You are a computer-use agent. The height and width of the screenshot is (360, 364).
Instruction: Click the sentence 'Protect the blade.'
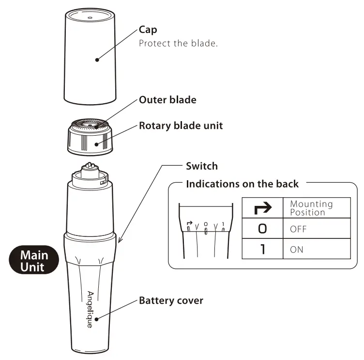coord(178,43)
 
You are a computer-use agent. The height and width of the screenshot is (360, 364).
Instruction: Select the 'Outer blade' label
coord(167,100)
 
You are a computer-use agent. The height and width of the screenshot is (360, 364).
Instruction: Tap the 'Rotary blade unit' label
coord(181,125)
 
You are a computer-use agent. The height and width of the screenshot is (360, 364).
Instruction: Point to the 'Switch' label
coord(202,166)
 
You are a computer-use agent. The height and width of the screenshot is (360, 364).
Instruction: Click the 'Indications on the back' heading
coord(243,184)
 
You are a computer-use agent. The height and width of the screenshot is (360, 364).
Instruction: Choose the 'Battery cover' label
coord(171,300)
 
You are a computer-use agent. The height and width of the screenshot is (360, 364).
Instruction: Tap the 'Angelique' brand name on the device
coord(90,310)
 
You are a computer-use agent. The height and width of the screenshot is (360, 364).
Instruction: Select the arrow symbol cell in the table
coord(262,208)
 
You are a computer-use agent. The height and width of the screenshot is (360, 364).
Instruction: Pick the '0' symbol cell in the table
coord(262,228)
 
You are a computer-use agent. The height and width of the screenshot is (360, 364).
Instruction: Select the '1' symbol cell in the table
coord(262,249)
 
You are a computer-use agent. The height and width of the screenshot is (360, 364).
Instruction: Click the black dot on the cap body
coord(97,60)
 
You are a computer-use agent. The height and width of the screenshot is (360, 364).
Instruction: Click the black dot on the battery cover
coord(97,319)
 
